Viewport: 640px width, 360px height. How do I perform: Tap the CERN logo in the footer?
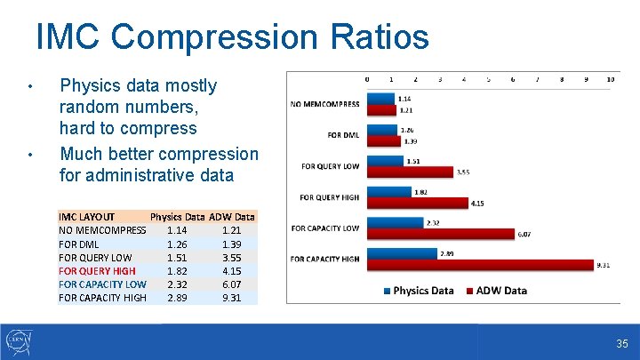pos(20,341)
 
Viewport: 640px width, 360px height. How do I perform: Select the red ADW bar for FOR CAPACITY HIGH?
pos(480,264)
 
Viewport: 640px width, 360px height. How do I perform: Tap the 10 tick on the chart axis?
pos(611,79)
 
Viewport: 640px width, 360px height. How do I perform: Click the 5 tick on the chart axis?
pos(488,79)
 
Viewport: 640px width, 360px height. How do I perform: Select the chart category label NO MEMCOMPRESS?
pos(325,104)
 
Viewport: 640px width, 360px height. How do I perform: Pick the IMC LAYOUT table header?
pos(86,216)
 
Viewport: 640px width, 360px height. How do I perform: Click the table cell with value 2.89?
pos(177,298)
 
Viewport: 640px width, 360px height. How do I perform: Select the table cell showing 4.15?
pos(231,270)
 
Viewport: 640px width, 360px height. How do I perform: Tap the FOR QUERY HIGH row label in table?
pos(97,270)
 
